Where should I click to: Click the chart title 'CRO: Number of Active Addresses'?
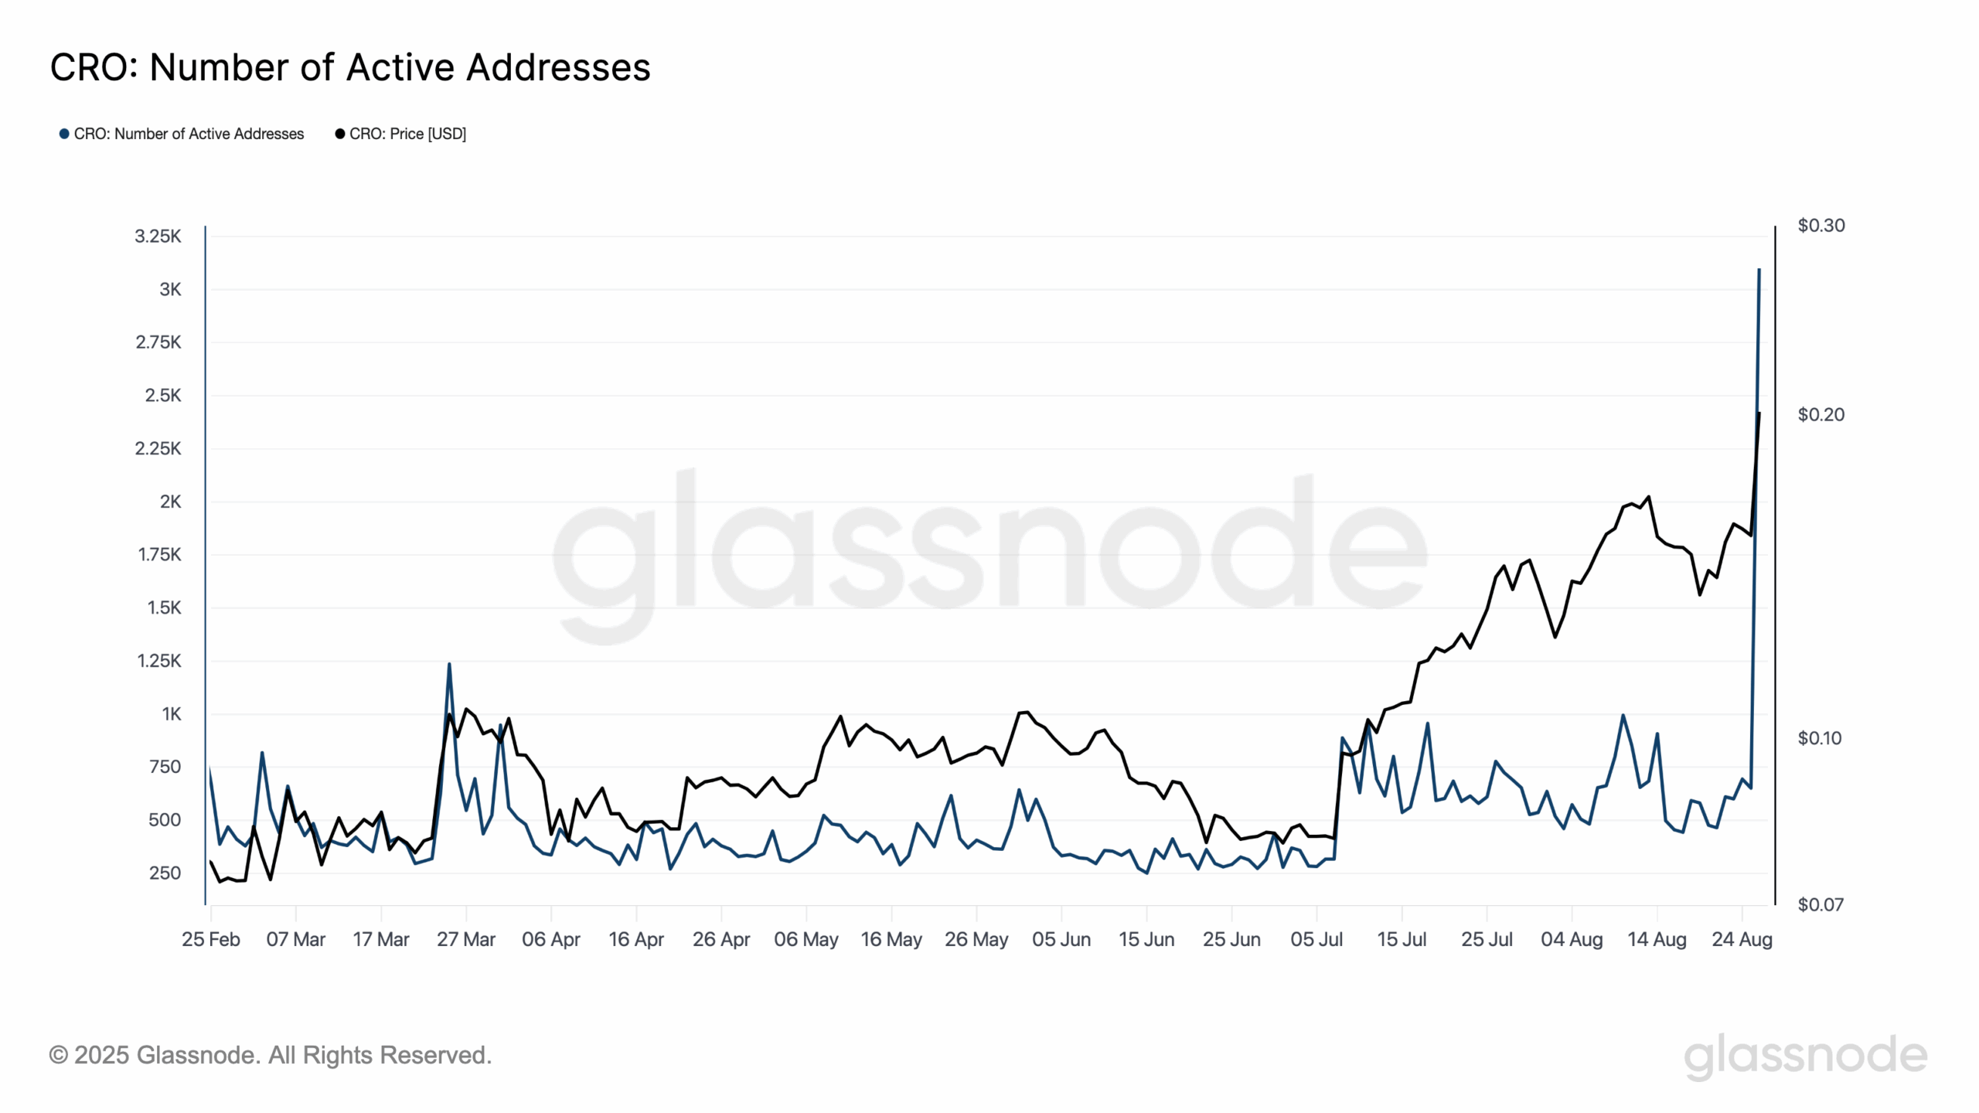tap(349, 67)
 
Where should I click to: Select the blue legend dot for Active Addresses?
tap(64, 134)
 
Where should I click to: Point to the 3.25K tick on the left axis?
tap(158, 237)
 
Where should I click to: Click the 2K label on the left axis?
tap(170, 502)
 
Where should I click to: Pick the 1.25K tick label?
tap(158, 661)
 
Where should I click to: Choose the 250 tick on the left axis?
tap(165, 873)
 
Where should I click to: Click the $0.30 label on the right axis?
tap(1821, 226)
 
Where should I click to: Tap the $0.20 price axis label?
tap(1821, 415)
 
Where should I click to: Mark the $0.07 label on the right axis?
tap(1821, 905)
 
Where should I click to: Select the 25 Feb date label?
tap(210, 940)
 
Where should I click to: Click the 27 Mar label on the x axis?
tap(465, 940)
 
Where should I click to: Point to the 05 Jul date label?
tap(1316, 940)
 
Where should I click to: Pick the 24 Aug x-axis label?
tap(1741, 940)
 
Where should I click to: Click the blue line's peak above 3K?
tap(1759, 270)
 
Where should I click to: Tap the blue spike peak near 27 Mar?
tap(449, 664)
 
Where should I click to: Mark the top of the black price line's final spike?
tap(1759, 414)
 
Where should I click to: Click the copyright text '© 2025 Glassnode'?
tap(270, 1055)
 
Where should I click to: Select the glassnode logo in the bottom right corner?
tap(1805, 1056)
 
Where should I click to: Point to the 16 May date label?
tap(891, 940)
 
